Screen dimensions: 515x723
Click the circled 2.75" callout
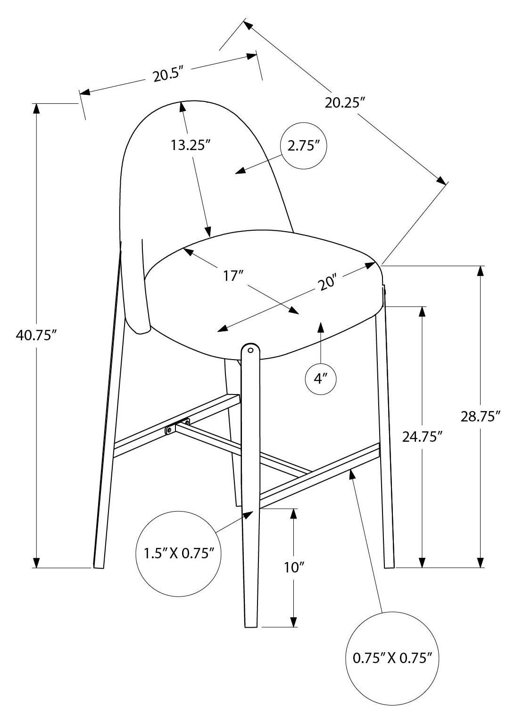(303, 145)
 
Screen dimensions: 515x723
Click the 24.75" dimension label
(422, 437)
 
